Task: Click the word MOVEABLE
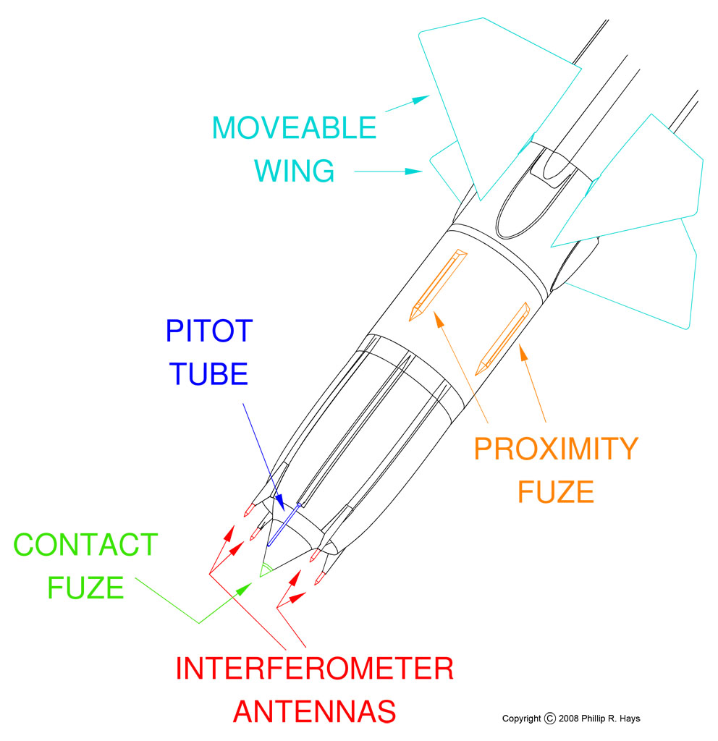pyautogui.click(x=295, y=128)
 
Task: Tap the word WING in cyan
pyautogui.click(x=274, y=172)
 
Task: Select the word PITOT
pyautogui.click(x=209, y=331)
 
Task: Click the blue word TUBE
pyautogui.click(x=209, y=374)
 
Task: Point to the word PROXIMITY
pyautogui.click(x=556, y=449)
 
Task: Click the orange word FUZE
pyautogui.click(x=556, y=492)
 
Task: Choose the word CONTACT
pyautogui.click(x=85, y=545)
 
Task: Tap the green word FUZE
pyautogui.click(x=85, y=587)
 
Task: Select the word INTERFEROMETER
pyautogui.click(x=314, y=669)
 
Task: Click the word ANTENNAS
pyautogui.click(x=314, y=711)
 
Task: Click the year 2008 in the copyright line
pyautogui.click(x=572, y=719)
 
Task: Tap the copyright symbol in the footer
pyautogui.click(x=549, y=719)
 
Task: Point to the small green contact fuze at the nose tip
pyautogui.click(x=266, y=569)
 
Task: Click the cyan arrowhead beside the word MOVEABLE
pyautogui.click(x=421, y=100)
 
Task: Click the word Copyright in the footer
pyautogui.click(x=521, y=719)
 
